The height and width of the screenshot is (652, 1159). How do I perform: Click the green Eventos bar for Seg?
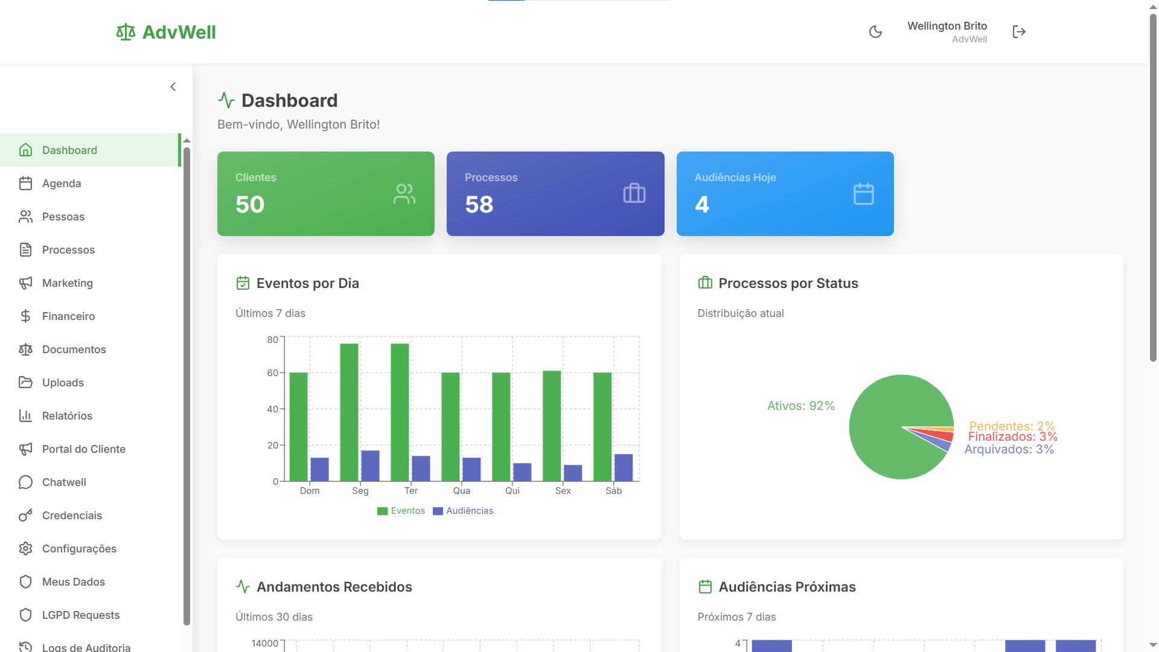pos(349,412)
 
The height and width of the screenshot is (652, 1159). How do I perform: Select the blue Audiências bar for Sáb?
pos(623,467)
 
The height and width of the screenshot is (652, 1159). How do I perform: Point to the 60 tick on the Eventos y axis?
pos(273,373)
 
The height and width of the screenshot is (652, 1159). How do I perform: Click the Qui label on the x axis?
pos(512,491)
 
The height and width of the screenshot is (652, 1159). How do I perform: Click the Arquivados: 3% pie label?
pos(1009,449)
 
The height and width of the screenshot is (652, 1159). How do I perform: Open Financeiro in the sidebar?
pos(68,316)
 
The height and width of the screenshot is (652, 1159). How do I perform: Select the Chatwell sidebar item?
pos(64,482)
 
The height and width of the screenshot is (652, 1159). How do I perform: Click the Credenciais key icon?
pos(25,516)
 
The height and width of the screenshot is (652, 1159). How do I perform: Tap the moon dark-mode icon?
pos(875,32)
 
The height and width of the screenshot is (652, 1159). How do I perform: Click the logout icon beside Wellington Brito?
pos(1019,32)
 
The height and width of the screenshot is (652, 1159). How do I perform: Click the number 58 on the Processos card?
pos(479,205)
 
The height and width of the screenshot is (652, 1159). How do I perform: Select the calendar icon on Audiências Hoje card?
pos(863,194)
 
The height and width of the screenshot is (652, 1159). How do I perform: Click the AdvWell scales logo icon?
pos(126,32)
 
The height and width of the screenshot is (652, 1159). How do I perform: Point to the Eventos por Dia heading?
pos(307,283)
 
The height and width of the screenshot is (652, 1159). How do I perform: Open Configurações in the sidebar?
pos(79,549)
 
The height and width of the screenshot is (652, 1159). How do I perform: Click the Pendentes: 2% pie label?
pos(1012,426)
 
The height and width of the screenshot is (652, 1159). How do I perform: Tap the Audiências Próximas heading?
pos(787,587)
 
